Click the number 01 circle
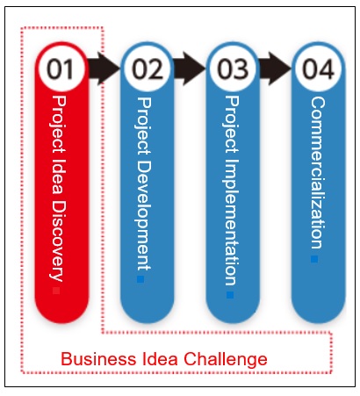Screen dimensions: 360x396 pyautogui.click(x=61, y=68)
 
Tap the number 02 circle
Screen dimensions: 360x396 pyautogui.click(x=147, y=68)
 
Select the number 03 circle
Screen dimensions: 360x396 pyautogui.click(x=233, y=68)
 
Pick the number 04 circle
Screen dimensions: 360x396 pyautogui.click(x=318, y=68)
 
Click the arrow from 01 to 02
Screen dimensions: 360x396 pyautogui.click(x=104, y=68)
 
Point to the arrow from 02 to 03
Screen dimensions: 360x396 pyautogui.click(x=190, y=68)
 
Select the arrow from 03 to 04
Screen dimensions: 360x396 pyautogui.click(x=275, y=68)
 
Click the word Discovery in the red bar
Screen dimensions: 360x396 pyautogui.click(x=58, y=241)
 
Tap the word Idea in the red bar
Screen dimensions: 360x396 pyautogui.click(x=60, y=176)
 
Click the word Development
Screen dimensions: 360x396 pyautogui.click(x=144, y=214)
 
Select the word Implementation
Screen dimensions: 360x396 pyautogui.click(x=232, y=222)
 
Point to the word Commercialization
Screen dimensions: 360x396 pyautogui.click(x=318, y=173)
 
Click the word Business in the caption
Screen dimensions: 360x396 pyautogui.click(x=98, y=359)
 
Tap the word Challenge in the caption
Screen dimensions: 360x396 pyautogui.click(x=226, y=360)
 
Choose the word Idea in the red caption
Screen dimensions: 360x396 pyautogui.click(x=160, y=359)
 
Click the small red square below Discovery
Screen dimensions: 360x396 pyautogui.click(x=56, y=291)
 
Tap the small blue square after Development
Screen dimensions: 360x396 pyautogui.click(x=140, y=279)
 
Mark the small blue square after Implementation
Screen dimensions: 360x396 pyautogui.click(x=230, y=295)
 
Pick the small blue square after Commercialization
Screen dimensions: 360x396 pyautogui.click(x=314, y=259)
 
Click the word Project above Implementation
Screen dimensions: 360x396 pyautogui.click(x=232, y=124)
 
